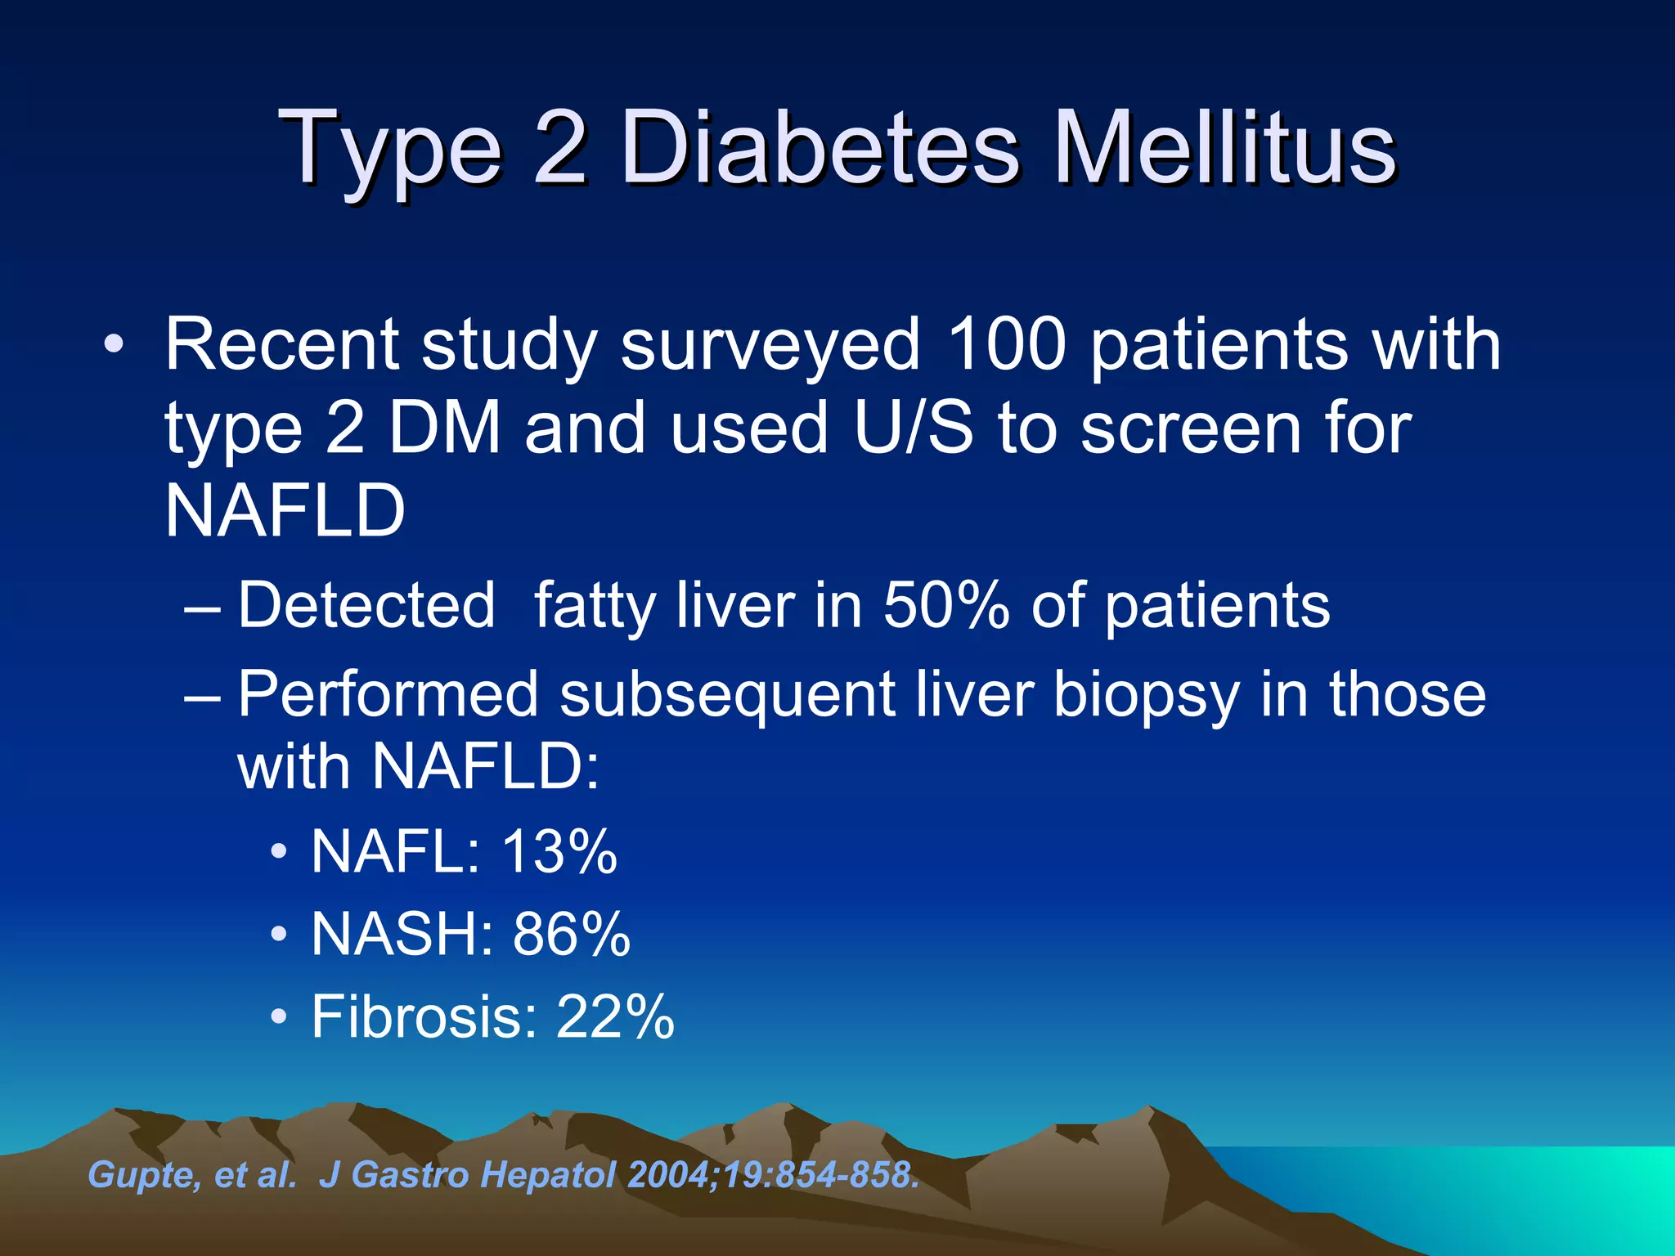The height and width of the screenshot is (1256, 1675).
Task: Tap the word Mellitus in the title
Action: coord(1224,150)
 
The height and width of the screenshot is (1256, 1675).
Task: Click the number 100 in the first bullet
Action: coord(1006,345)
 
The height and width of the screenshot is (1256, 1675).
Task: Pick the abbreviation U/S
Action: coord(914,428)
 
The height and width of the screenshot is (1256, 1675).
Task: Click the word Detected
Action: coord(366,606)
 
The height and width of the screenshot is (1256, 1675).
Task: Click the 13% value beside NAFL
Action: coord(559,852)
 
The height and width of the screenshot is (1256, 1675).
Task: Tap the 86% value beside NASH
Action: coord(572,934)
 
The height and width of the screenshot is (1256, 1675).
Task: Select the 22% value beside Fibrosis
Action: coord(615,1017)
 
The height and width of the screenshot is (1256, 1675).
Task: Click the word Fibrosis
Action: coord(424,1017)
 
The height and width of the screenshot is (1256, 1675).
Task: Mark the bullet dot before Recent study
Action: coord(114,344)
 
